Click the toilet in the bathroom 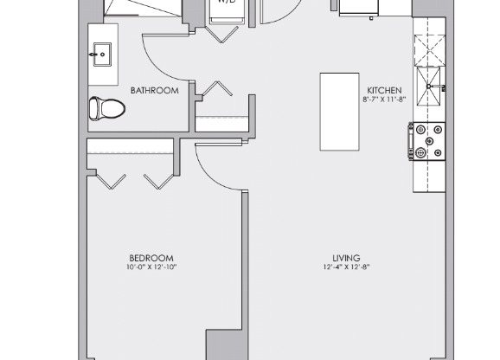(106, 108)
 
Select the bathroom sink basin (101, 55)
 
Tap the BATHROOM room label (154, 90)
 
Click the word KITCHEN (384, 90)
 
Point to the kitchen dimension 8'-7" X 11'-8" (384, 100)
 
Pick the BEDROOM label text (151, 258)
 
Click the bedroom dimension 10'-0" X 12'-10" (151, 267)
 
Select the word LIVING (346, 258)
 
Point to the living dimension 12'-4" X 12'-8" (346, 267)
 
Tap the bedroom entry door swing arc (216, 169)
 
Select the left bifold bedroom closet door (111, 180)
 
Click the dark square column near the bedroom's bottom (221, 344)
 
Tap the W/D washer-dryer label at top (227, 3)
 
